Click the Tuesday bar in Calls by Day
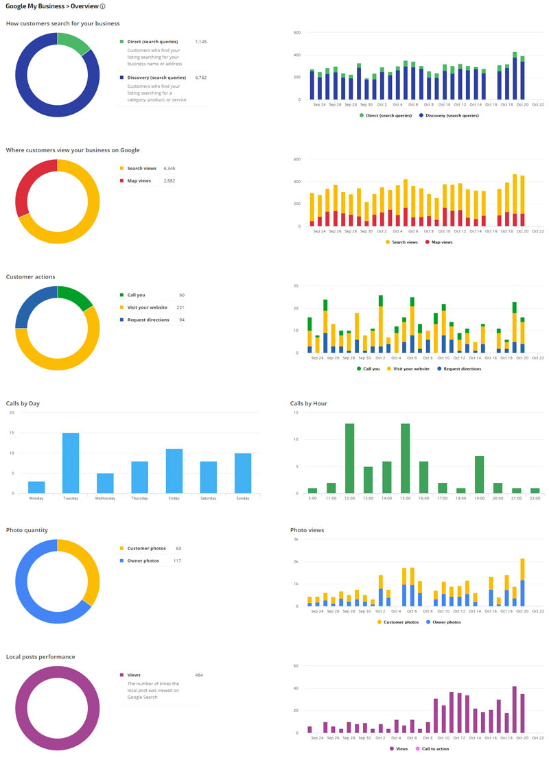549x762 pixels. point(71,463)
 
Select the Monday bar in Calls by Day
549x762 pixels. point(36,487)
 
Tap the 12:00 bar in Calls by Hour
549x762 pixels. point(349,458)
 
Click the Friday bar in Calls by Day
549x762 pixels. point(174,471)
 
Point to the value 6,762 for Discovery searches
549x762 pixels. point(200,78)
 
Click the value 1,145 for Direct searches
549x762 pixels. point(200,42)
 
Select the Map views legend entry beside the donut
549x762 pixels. point(139,180)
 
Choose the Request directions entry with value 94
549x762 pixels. point(148,320)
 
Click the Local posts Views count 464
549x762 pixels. point(199,675)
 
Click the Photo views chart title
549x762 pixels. point(306,530)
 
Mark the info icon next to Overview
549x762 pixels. point(103,7)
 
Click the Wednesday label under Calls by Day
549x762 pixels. point(105,498)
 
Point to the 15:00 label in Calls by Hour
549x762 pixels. point(405,498)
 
